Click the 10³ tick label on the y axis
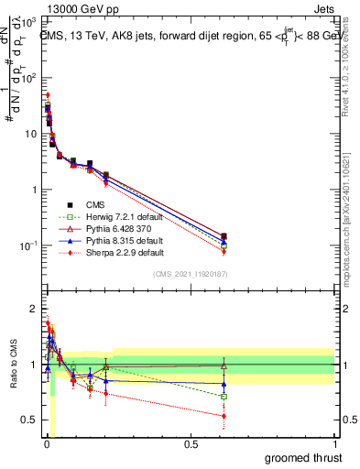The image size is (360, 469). [28, 21]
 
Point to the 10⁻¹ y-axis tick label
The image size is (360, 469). [28, 245]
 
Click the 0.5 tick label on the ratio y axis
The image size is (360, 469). [28, 420]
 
